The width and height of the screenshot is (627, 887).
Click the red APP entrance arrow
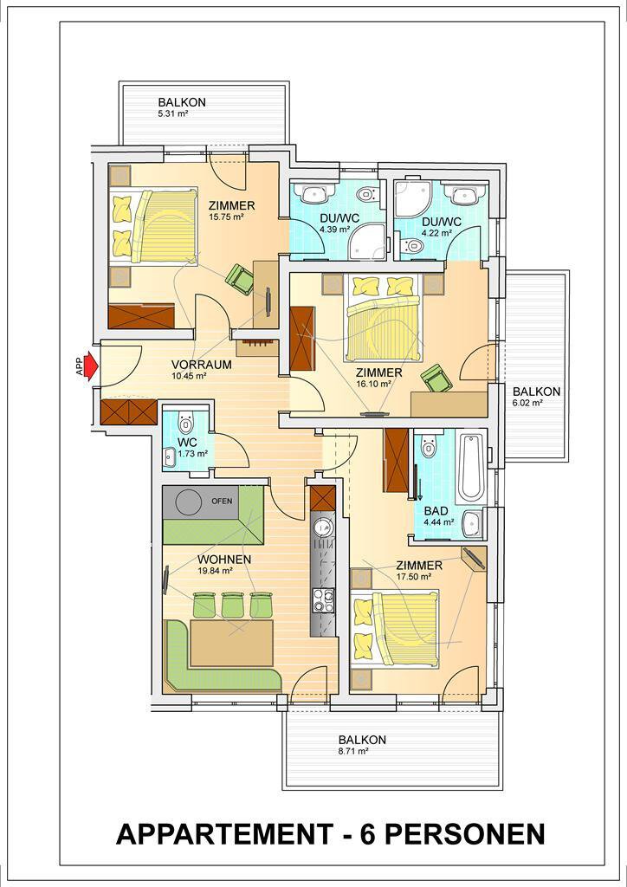coord(90,366)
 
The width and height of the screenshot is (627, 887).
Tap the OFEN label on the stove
coord(222,501)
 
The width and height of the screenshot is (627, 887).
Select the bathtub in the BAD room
coord(471,468)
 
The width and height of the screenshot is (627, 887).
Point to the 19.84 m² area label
coord(215,571)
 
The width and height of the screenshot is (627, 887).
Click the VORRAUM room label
coord(201,365)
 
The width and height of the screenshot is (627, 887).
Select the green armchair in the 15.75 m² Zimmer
coord(240,279)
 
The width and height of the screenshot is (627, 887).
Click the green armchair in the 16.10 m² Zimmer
coord(436,379)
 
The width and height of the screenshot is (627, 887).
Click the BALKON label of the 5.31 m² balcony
coord(182,103)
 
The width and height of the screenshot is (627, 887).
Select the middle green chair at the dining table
coord(232,605)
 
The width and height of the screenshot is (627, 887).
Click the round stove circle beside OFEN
coord(188,502)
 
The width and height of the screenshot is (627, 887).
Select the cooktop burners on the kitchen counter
coord(323,600)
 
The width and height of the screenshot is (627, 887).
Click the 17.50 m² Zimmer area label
coord(415,577)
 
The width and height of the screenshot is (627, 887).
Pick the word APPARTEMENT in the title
coord(224,834)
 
